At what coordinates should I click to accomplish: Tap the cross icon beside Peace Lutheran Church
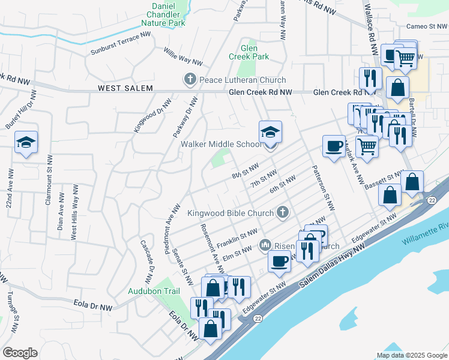[190, 80]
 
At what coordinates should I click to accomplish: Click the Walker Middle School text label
[221, 144]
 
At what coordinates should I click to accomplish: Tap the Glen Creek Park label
[249, 52]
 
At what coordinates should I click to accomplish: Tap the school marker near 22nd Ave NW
[26, 143]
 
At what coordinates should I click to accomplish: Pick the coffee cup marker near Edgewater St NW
[279, 261]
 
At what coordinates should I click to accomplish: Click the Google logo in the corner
[20, 353]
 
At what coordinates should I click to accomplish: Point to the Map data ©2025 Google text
[412, 355]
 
